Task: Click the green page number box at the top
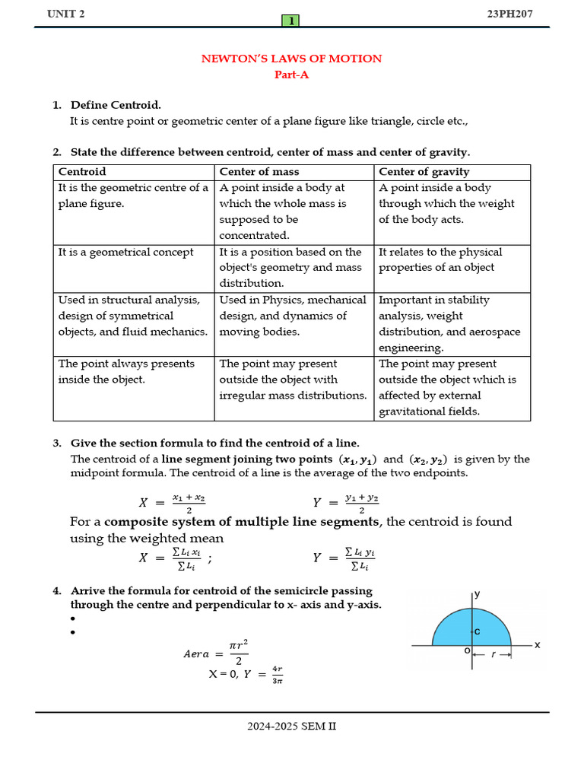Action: [290, 21]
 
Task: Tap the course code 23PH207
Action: [517, 14]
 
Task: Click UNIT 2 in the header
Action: [66, 14]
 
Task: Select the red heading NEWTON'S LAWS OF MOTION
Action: [291, 59]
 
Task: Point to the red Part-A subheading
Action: [291, 75]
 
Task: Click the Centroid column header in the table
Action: [82, 172]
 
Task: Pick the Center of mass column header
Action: [259, 172]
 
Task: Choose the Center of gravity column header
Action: [424, 172]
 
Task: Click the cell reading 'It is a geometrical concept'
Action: [126, 252]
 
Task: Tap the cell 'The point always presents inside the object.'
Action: [126, 371]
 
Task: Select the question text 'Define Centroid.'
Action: [116, 105]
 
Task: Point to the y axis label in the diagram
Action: [478, 595]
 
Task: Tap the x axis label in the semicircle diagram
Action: [537, 645]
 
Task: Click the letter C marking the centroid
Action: [477, 631]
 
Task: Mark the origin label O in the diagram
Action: [467, 651]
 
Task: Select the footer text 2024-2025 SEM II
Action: [291, 726]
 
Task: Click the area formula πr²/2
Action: [239, 653]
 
